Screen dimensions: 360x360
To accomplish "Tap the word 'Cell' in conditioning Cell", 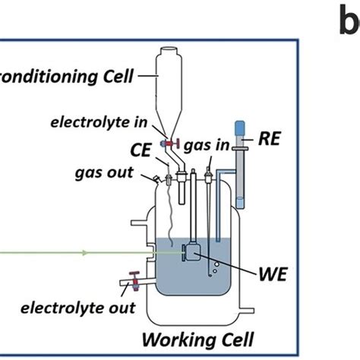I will point(112,76).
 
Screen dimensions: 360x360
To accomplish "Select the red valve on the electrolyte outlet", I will point(134,283).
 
